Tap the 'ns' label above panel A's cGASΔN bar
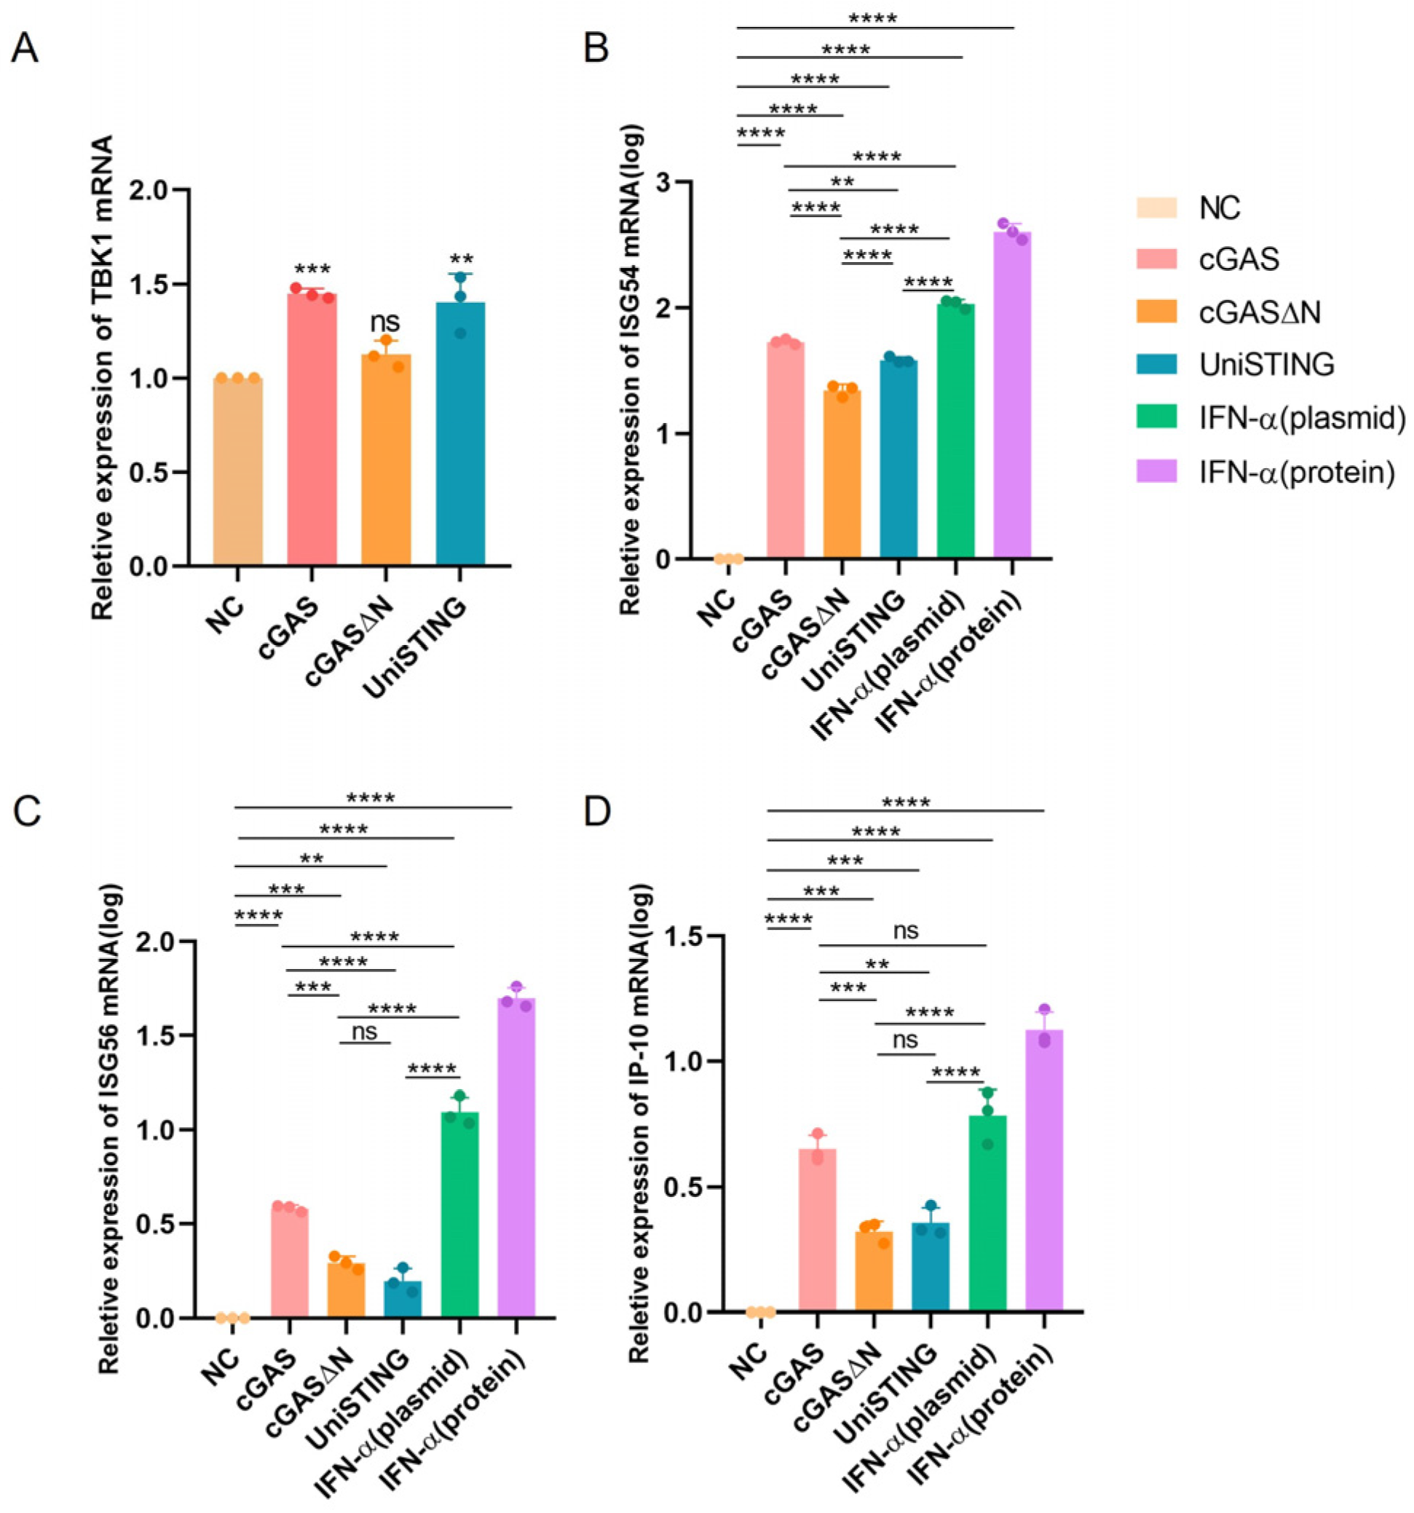pyautogui.click(x=385, y=322)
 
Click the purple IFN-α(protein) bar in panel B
pyautogui.click(x=1011, y=396)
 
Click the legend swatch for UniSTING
pyautogui.click(x=1156, y=365)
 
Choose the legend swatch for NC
pyautogui.click(x=1156, y=208)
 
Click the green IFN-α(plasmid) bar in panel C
pyautogui.click(x=459, y=1214)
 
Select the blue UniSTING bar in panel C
pyautogui.click(x=403, y=1299)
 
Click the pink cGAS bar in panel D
pyautogui.click(x=817, y=1230)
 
